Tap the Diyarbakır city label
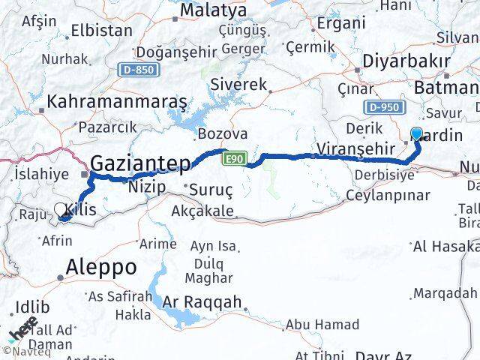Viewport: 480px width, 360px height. [x=406, y=61]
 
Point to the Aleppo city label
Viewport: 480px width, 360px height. [x=101, y=266]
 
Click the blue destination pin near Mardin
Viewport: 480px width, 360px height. [x=417, y=134]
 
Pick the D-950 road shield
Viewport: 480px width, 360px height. [x=382, y=107]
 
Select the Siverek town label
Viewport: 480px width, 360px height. [x=239, y=85]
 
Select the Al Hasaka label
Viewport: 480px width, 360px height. [x=445, y=246]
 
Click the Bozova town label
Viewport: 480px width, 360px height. [x=222, y=134]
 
